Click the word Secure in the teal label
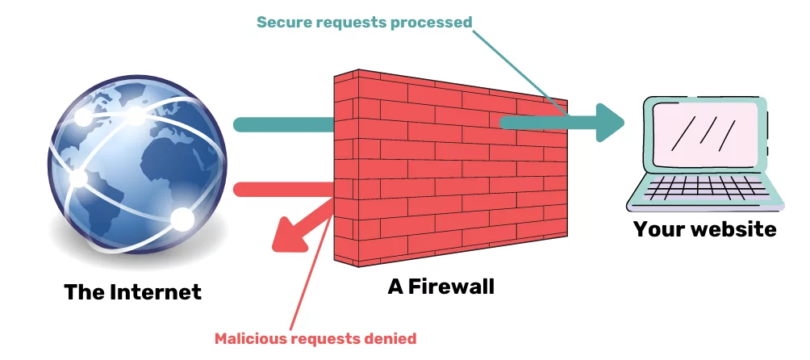point(283,22)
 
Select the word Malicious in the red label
point(249,338)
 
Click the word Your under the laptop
point(657,228)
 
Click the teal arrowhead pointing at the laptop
point(611,123)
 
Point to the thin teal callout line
point(516,69)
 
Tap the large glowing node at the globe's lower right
point(182,218)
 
